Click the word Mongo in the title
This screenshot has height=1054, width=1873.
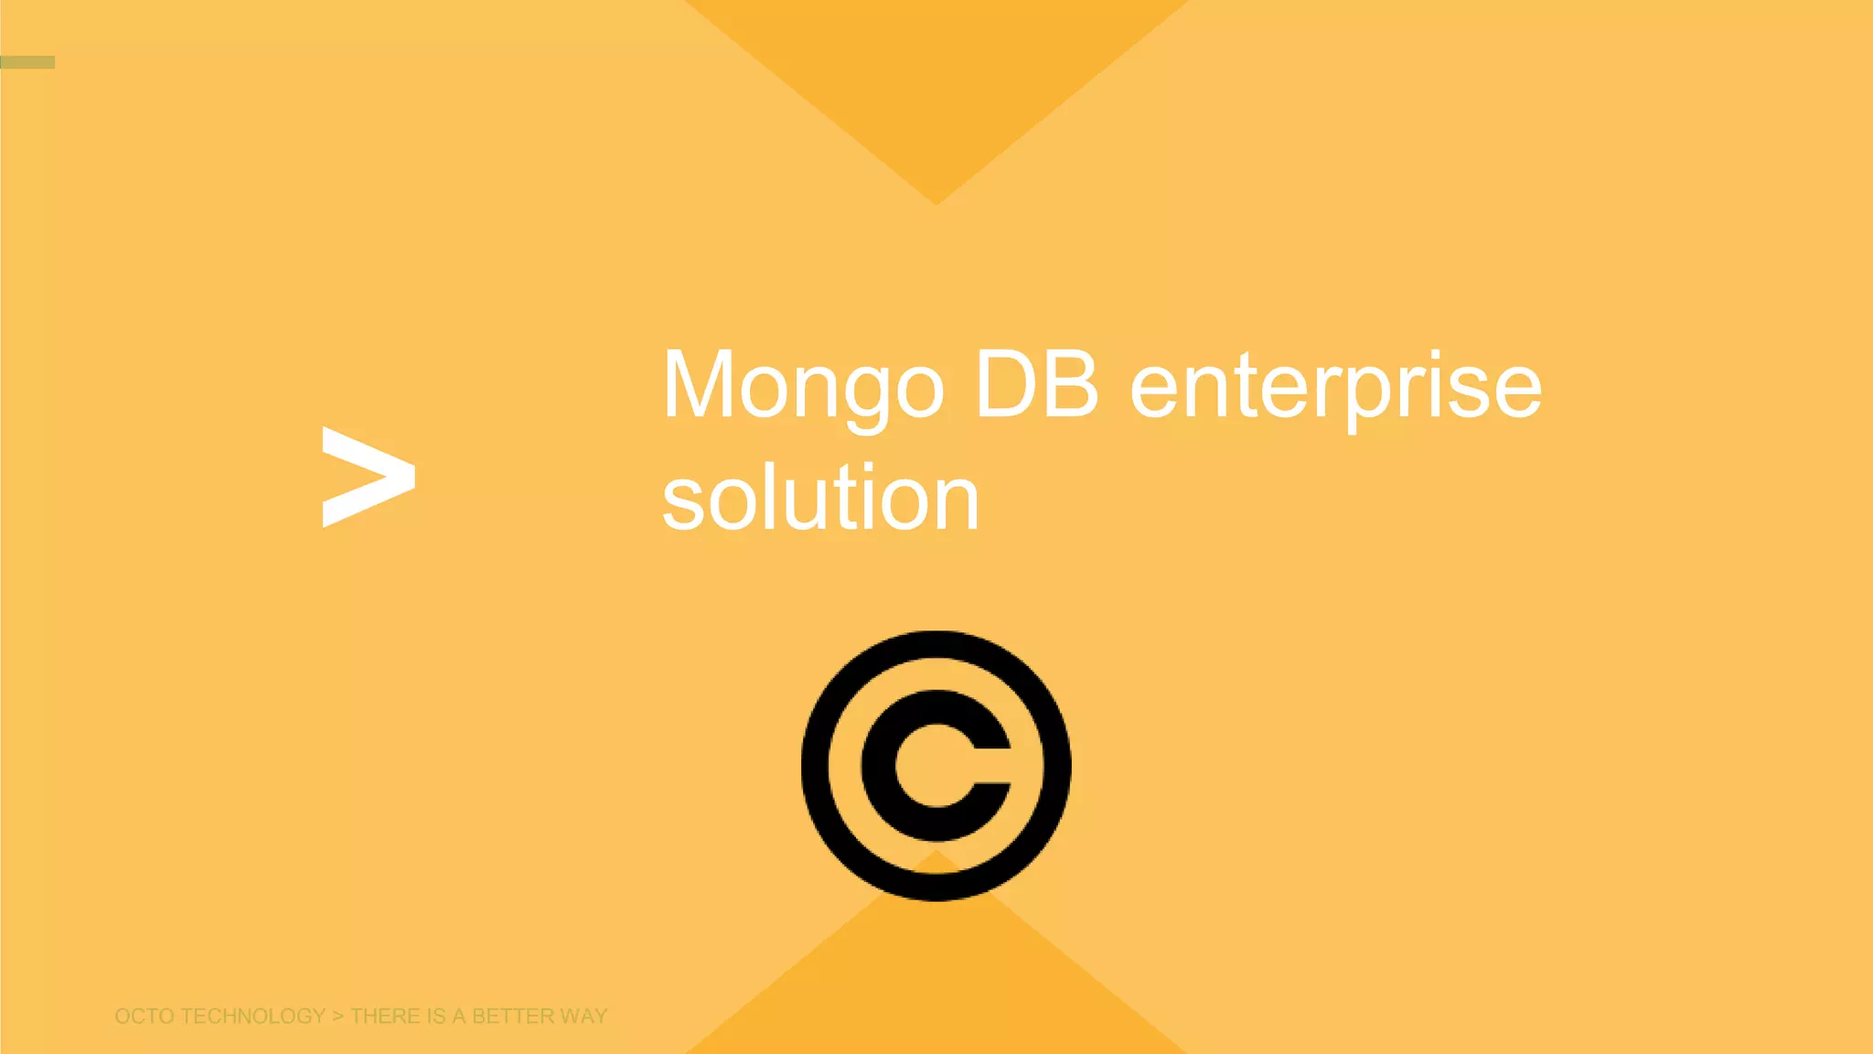(802, 386)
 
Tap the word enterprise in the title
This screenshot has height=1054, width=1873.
(1335, 388)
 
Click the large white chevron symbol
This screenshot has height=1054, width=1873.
(369, 477)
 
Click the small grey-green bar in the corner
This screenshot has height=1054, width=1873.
(27, 62)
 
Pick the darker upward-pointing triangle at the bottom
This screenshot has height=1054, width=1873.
(936, 979)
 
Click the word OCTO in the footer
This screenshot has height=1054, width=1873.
(144, 1016)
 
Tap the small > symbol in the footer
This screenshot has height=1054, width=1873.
(337, 1016)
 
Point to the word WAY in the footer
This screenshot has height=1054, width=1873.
(583, 1016)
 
